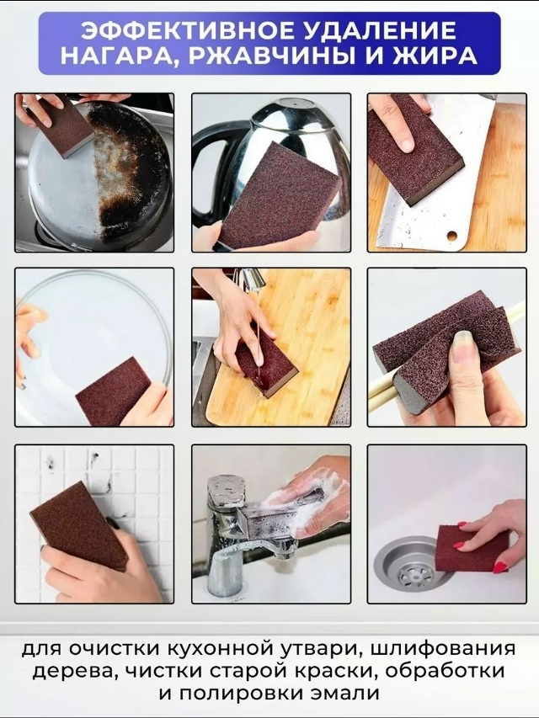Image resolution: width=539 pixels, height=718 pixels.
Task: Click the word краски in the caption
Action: click(340, 672)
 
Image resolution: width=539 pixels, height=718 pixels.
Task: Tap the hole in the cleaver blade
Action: click(452, 236)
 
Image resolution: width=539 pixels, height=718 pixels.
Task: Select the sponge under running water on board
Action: click(266, 364)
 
